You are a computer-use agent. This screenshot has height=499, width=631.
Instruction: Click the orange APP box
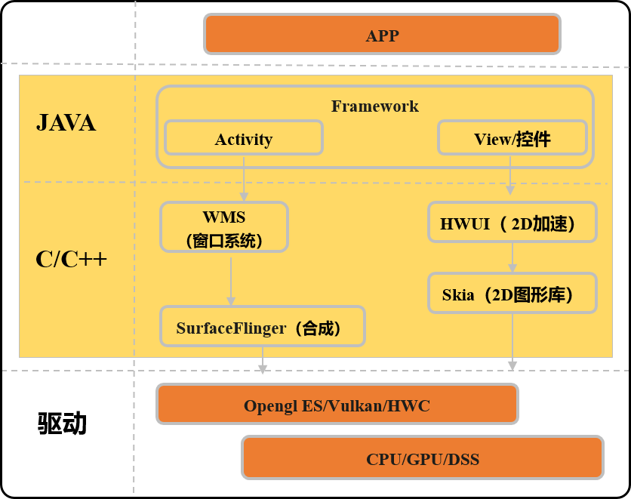click(x=382, y=34)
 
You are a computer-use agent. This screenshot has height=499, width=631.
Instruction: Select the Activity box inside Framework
click(x=244, y=137)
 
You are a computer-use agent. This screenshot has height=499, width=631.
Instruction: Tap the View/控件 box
click(x=512, y=137)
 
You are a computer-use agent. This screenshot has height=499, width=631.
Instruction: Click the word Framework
click(x=374, y=106)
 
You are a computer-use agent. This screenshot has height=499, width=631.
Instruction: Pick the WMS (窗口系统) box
click(x=224, y=227)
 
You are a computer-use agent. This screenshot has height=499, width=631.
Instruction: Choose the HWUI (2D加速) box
click(x=512, y=222)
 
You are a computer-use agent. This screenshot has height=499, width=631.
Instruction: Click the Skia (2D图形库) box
click(x=512, y=293)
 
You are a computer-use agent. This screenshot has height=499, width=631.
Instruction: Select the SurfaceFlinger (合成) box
click(x=263, y=326)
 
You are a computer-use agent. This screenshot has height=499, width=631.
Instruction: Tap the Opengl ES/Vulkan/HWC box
click(x=337, y=404)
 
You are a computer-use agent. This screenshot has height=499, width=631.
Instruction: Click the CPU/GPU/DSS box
click(x=423, y=458)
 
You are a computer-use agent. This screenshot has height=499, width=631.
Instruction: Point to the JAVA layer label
click(x=66, y=123)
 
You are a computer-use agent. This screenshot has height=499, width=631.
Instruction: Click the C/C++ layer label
click(x=71, y=259)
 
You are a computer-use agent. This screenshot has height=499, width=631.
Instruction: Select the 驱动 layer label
click(x=63, y=423)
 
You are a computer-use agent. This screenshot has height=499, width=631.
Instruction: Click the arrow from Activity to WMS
click(x=244, y=179)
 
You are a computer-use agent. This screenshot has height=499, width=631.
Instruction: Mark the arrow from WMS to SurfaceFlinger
click(x=231, y=282)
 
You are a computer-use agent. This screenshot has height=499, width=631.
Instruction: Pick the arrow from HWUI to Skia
click(x=512, y=257)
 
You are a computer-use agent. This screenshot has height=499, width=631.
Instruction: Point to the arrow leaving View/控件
click(x=510, y=175)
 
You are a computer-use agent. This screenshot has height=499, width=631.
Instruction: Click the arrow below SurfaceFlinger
click(x=263, y=360)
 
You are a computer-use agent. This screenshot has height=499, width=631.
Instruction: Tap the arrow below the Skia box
click(x=512, y=342)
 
